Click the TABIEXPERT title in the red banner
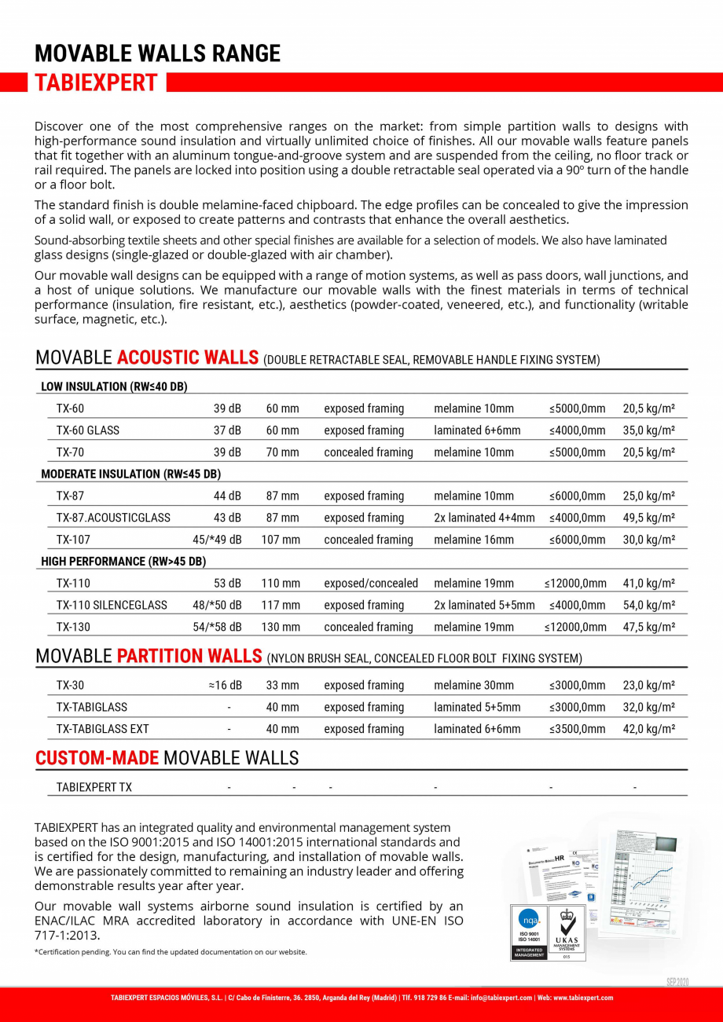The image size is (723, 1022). (x=97, y=82)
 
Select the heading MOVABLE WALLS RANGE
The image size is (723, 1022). (x=157, y=53)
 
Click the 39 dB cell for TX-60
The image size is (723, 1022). (x=227, y=408)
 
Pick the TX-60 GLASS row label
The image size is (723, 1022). (x=88, y=430)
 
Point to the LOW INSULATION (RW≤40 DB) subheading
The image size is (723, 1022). (x=114, y=386)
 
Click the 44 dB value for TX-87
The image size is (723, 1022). (x=227, y=496)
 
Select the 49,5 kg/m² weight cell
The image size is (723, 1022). (x=649, y=518)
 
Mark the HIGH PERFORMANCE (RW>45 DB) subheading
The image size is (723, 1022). (x=123, y=562)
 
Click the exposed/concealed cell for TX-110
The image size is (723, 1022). (x=371, y=584)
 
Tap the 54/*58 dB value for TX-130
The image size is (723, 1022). (x=217, y=627)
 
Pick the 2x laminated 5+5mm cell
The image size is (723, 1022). (x=484, y=606)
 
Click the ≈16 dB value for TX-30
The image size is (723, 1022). (x=225, y=686)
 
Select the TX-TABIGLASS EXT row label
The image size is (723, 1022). (x=102, y=729)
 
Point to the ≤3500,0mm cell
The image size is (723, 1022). (x=578, y=729)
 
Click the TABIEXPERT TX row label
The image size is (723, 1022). (x=94, y=787)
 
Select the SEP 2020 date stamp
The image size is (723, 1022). (x=677, y=983)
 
